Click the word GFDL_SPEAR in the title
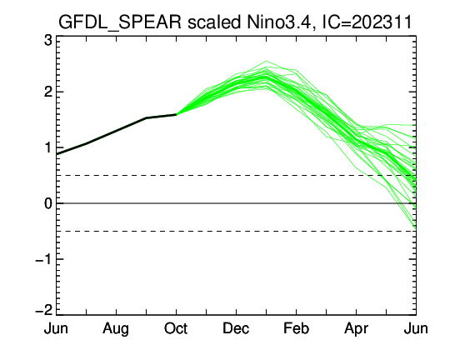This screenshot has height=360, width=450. tap(120, 22)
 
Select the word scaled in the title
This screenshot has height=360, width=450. tap(214, 22)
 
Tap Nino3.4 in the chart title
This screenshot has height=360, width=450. tap(279, 22)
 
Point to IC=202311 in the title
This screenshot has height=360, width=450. tap(367, 22)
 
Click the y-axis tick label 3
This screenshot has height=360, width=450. tap(48, 41)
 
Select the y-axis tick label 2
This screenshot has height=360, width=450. tap(48, 92)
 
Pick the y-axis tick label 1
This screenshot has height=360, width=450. tap(48, 147)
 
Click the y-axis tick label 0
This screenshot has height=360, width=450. tap(48, 203)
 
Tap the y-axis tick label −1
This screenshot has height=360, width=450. tap(44, 259)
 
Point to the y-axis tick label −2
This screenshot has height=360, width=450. tap(44, 310)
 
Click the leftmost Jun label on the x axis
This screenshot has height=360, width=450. tap(56, 328)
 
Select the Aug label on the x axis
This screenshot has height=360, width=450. tap(116, 329)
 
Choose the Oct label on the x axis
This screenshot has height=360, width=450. tap(176, 328)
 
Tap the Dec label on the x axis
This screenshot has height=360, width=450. tap(236, 328)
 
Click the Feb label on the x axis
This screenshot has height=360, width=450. tap(296, 328)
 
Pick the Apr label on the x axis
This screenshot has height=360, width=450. tap(356, 329)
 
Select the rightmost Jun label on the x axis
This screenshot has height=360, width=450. tap(416, 328)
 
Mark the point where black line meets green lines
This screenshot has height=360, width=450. tap(176, 114)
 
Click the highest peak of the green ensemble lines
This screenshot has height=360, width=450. tap(267, 61)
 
